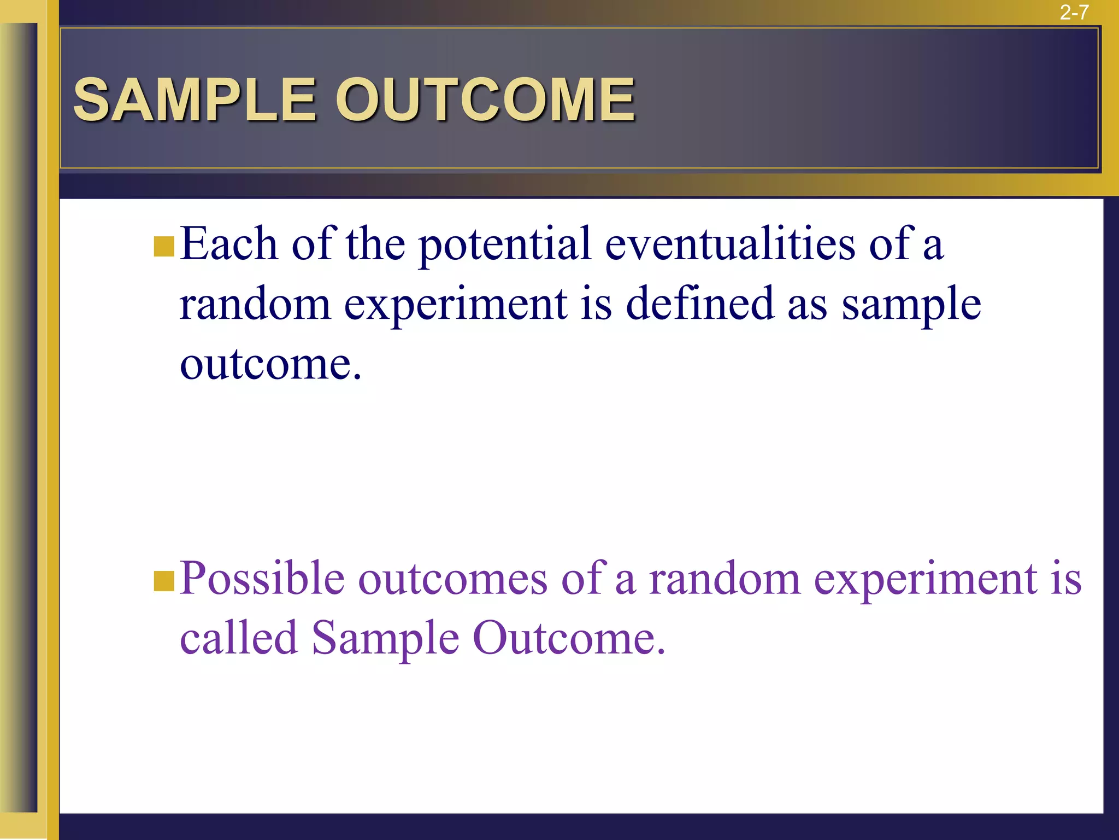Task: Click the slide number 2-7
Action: [x=1074, y=12]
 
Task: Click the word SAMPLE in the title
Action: [x=195, y=100]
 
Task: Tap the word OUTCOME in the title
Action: [x=485, y=100]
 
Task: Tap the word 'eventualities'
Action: [x=730, y=244]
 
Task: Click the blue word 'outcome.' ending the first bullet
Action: [x=270, y=364]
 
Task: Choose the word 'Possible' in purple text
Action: [x=262, y=579]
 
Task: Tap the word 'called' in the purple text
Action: [x=239, y=638]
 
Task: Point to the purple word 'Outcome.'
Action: [x=569, y=638]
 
